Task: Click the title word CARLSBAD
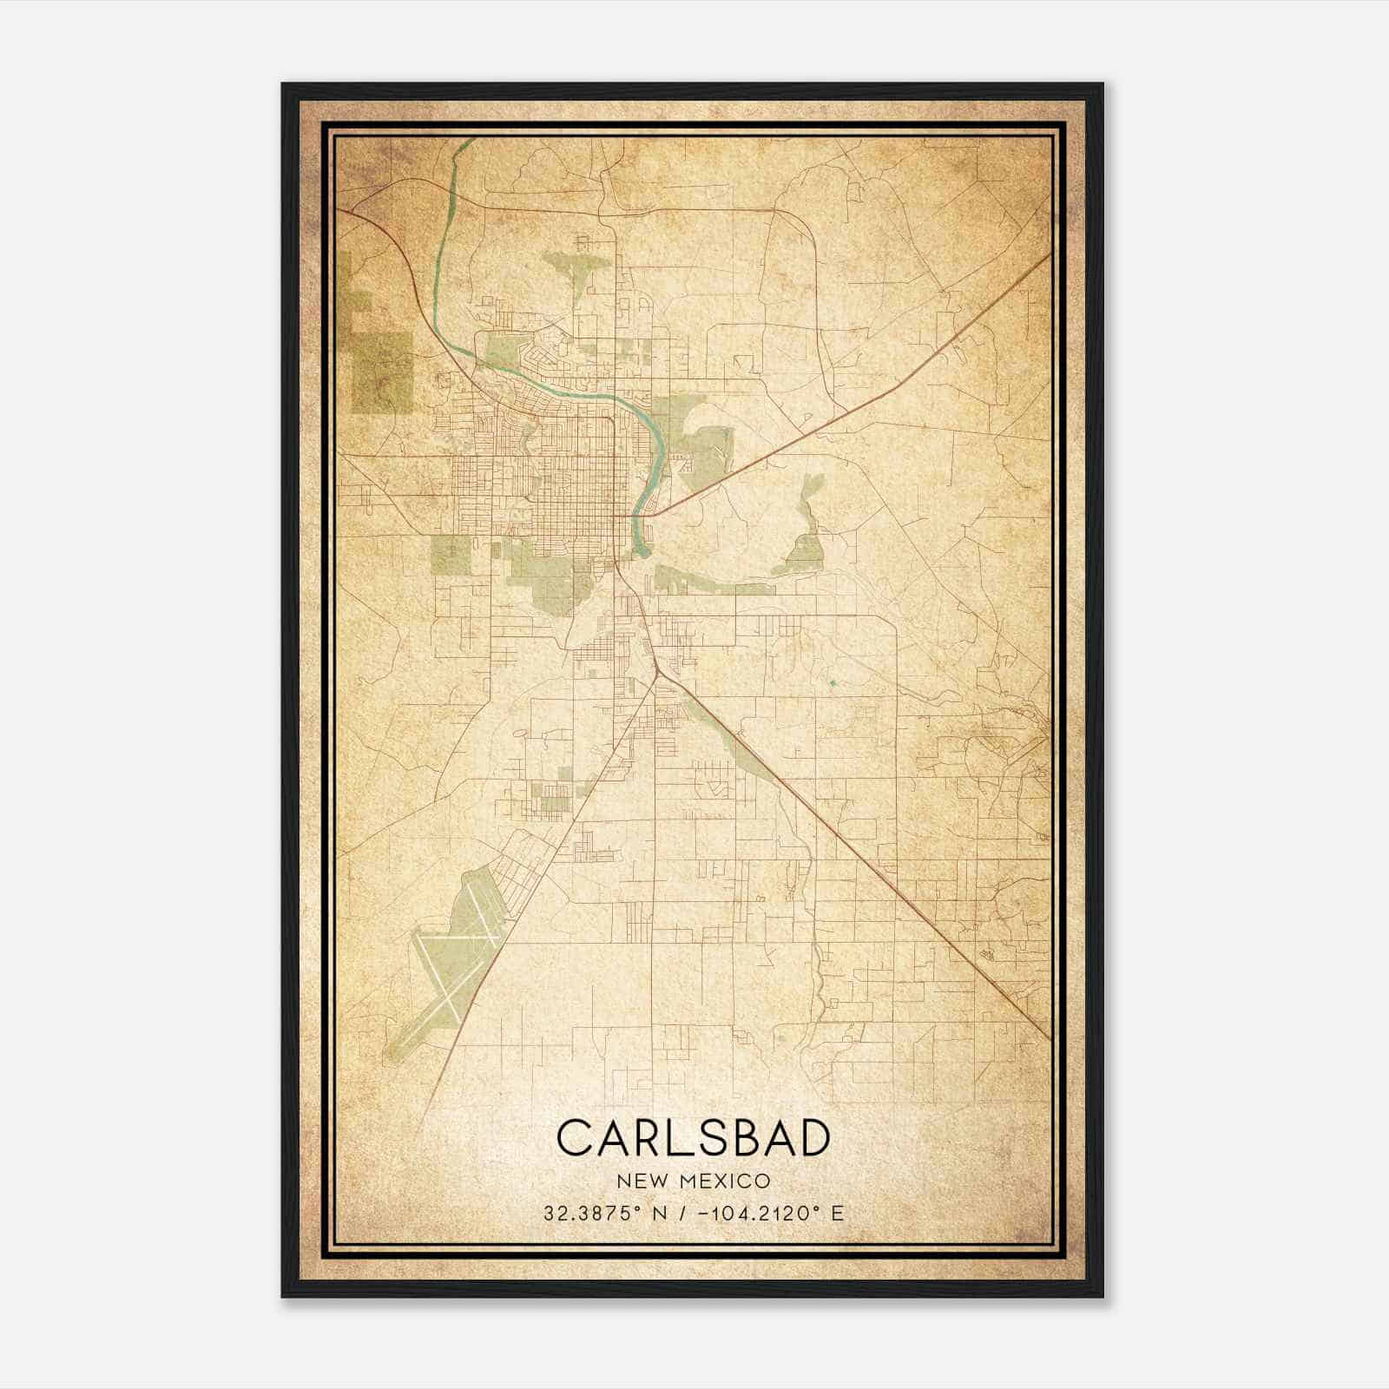point(693,1137)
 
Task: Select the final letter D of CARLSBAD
point(812,1137)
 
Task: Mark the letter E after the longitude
point(837,1213)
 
